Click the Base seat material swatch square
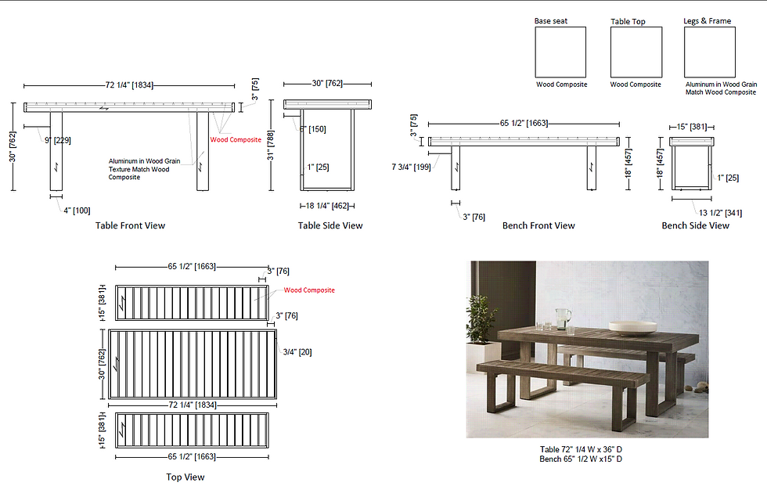pos(560,52)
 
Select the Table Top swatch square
pos(636,52)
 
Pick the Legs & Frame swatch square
pos(709,52)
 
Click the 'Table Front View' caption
pos(130,225)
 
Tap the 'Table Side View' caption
pos(330,225)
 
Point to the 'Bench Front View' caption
pos(538,225)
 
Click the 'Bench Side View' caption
pos(695,225)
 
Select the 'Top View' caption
pos(185,477)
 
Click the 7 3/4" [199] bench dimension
pos(410,166)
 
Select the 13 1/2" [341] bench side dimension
pos(722,211)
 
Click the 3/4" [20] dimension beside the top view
pos(297,351)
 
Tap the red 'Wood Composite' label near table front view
pos(236,140)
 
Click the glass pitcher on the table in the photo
pos(563,319)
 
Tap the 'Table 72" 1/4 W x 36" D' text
pos(581,449)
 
